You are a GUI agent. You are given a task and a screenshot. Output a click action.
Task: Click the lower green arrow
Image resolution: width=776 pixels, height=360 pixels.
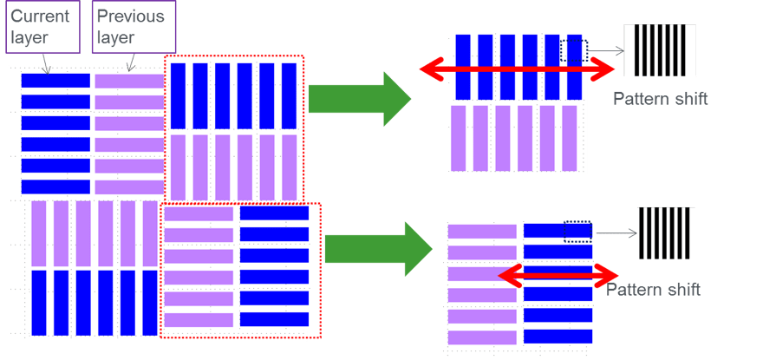coord(378,247)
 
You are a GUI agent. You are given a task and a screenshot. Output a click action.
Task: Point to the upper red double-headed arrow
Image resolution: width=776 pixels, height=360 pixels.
coord(517,73)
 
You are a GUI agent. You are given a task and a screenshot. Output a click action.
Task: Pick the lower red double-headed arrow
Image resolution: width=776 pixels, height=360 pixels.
coord(559,277)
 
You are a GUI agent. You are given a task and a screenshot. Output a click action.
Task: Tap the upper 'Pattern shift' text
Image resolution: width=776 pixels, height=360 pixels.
coord(660,99)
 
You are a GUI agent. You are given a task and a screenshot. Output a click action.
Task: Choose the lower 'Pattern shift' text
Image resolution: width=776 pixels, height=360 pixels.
coord(653,290)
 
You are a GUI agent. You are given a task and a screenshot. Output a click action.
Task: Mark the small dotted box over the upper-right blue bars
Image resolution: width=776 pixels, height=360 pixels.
coord(575,49)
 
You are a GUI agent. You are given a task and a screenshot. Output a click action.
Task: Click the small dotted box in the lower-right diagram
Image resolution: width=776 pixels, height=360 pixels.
coord(577,231)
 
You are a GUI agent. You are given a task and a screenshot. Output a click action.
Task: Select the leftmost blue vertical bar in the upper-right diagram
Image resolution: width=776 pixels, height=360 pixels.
coord(463,67)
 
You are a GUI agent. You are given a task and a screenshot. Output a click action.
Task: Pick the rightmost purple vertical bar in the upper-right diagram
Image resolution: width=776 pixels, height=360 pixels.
coord(570,138)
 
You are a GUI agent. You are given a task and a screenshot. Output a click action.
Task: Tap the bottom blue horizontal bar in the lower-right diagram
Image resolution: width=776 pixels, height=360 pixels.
coord(558,336)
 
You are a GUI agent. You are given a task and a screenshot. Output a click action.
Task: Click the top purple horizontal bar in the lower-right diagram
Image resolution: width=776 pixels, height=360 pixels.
coord(482,231)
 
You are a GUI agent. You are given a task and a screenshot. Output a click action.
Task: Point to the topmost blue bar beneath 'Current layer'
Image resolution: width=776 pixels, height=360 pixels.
coord(55,81)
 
